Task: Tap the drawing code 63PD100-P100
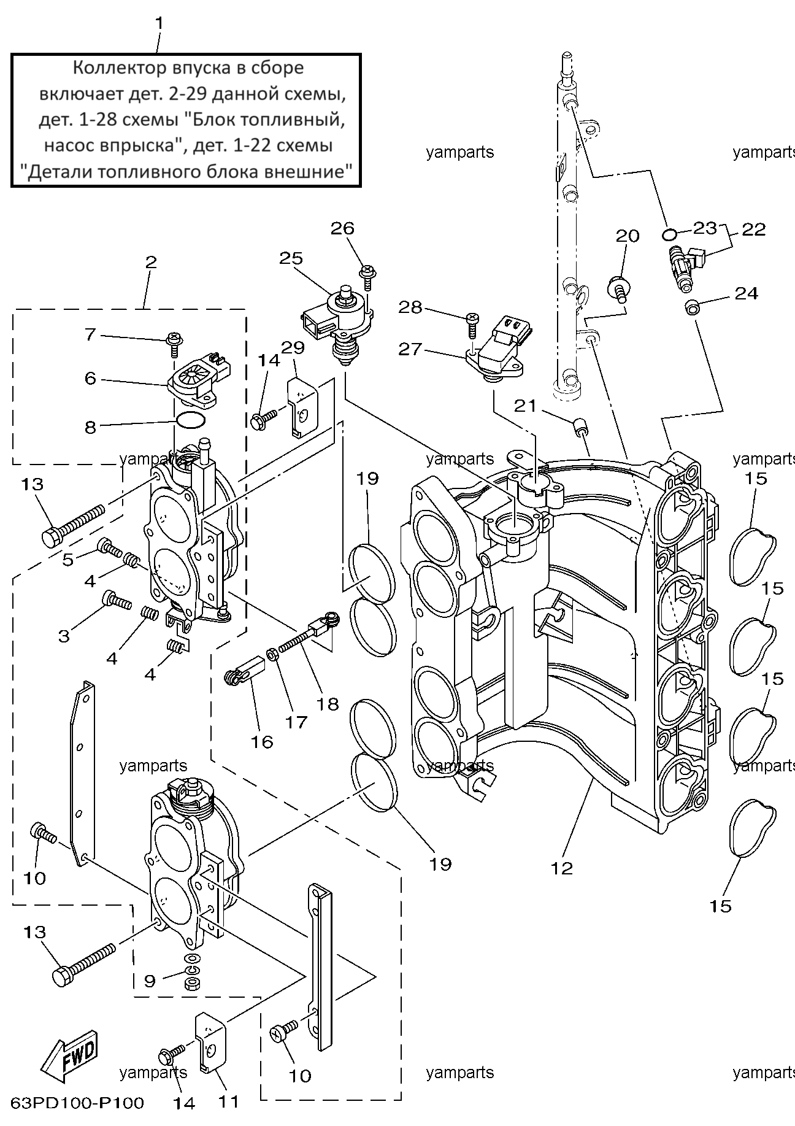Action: coord(77,1103)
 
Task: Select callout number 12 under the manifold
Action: coord(562,868)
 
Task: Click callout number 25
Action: coord(291,258)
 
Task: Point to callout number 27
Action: coord(410,349)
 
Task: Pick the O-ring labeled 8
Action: coord(190,421)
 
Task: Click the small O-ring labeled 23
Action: coord(670,234)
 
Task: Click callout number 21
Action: coord(525,406)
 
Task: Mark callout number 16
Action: coord(261,741)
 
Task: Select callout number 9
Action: coord(150,981)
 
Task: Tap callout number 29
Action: coord(293,347)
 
